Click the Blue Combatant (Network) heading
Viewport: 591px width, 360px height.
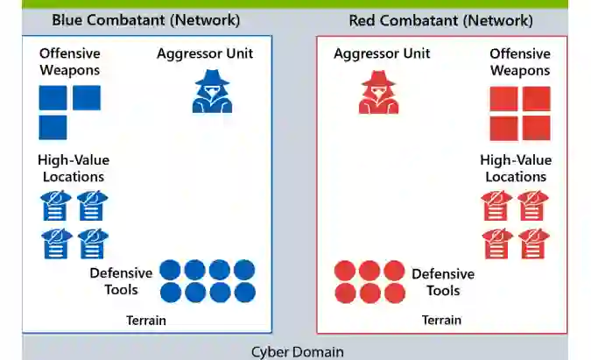coord(145,20)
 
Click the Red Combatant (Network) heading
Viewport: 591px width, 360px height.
coord(440,20)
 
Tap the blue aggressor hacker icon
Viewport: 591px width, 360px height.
coord(212,91)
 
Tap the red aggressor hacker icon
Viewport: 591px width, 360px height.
coord(378,91)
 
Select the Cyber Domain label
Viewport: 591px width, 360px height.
coord(296,352)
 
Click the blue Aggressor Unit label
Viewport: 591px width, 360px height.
coord(205,53)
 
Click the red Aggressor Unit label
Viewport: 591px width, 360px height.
coord(382,53)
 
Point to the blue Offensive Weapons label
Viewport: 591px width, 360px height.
coord(69,62)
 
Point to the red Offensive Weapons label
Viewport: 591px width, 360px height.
coord(520,62)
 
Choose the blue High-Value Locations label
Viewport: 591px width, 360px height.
coord(74,168)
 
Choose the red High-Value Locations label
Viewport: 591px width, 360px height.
coord(516,168)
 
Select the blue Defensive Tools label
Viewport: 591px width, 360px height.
coord(121,281)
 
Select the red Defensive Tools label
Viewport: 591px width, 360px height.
coord(443,282)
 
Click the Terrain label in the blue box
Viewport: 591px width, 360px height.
coord(145,321)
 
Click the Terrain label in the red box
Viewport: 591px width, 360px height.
coord(441,321)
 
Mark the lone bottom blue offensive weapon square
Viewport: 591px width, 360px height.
coord(53,128)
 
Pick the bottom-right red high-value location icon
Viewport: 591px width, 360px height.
coord(534,244)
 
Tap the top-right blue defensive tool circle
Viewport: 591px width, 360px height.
coord(244,270)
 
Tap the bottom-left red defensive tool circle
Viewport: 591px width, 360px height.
coord(345,293)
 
